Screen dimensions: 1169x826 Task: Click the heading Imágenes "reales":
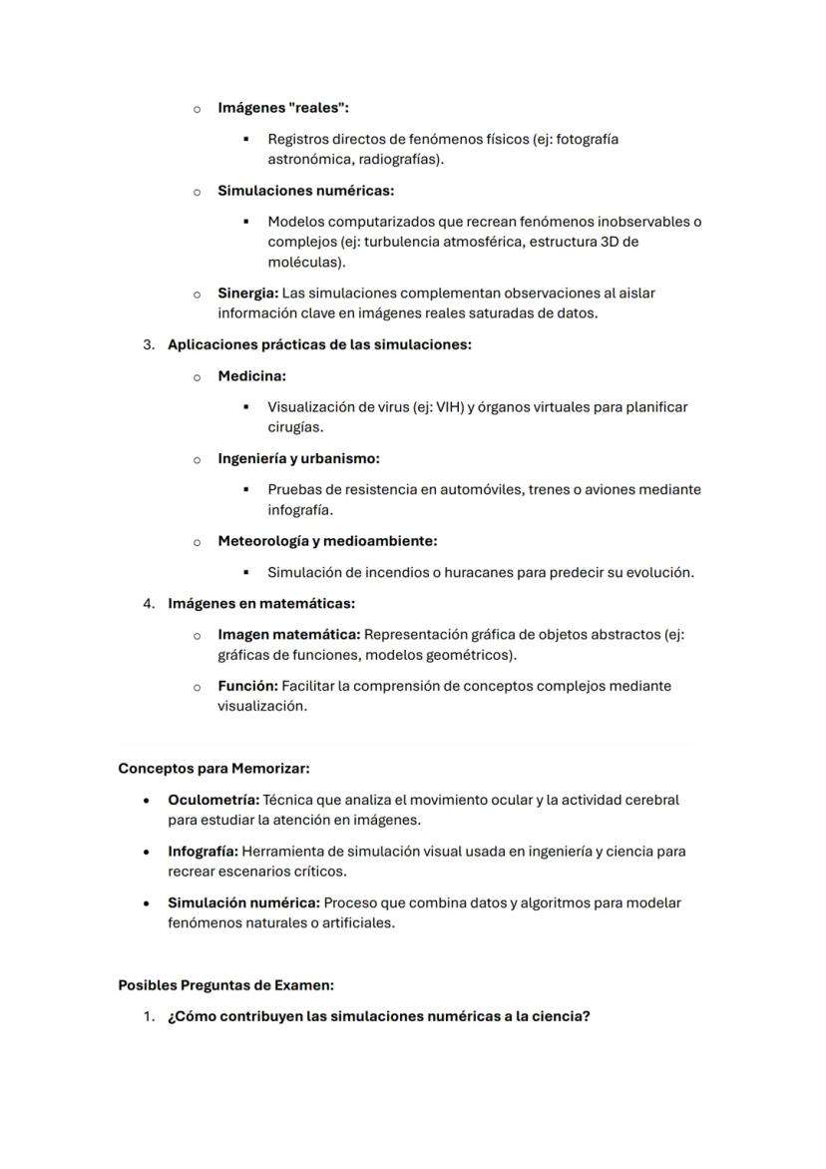283,108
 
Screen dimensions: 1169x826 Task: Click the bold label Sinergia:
247,293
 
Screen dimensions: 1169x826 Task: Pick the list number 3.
148,344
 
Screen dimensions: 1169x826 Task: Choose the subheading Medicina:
252,376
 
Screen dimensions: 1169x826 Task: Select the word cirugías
295,427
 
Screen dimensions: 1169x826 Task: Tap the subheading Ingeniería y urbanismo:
298,459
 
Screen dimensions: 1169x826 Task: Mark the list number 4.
148,604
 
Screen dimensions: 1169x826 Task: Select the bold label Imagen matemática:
289,635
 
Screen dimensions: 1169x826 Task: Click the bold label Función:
247,687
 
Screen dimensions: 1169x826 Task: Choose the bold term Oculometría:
213,801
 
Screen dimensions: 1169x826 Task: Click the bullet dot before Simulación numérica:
148,903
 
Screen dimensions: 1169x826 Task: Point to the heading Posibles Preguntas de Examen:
225,985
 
